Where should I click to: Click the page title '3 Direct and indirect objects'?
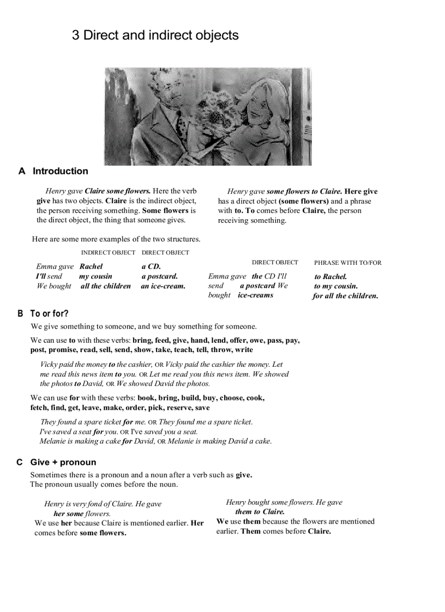click(155, 35)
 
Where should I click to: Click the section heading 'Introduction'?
click(60, 171)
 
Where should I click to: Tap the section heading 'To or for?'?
click(49, 314)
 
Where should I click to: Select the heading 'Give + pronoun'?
click(63, 463)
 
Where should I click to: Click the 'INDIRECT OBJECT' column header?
click(108, 253)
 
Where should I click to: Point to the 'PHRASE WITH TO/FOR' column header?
click(348, 263)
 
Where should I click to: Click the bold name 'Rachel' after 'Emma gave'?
click(91, 266)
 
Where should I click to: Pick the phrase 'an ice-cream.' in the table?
click(163, 286)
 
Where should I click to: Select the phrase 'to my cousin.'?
click(336, 286)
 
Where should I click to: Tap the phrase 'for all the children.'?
click(345, 296)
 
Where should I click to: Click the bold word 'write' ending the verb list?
click(244, 350)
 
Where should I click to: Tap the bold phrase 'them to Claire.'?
click(260, 512)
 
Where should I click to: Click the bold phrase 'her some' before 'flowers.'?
click(68, 513)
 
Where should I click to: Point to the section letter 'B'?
click(20, 314)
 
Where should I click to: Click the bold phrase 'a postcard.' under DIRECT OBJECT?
click(160, 276)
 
